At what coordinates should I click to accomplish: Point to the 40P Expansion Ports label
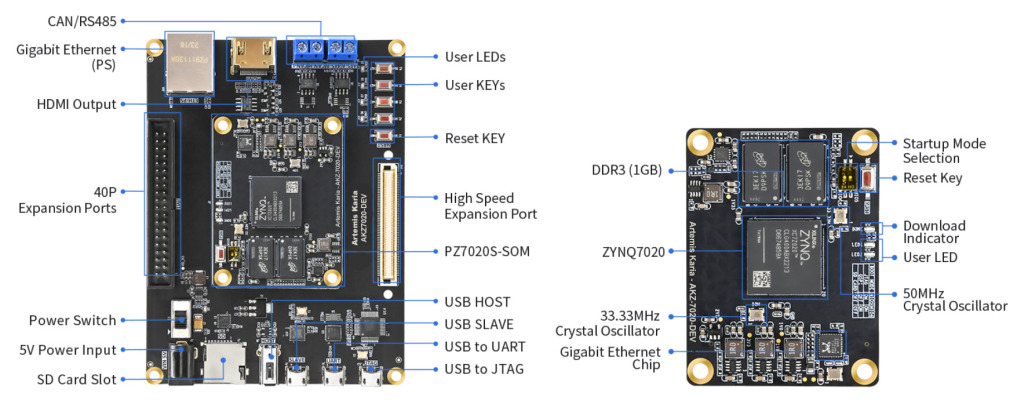[x=67, y=199]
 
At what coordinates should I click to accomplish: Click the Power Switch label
[x=72, y=321]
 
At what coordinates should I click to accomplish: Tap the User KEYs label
[x=475, y=85]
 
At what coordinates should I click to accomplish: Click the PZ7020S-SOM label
[x=487, y=251]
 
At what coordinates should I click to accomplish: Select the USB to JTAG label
[x=484, y=369]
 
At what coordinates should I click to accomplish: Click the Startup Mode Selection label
[x=944, y=151]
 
